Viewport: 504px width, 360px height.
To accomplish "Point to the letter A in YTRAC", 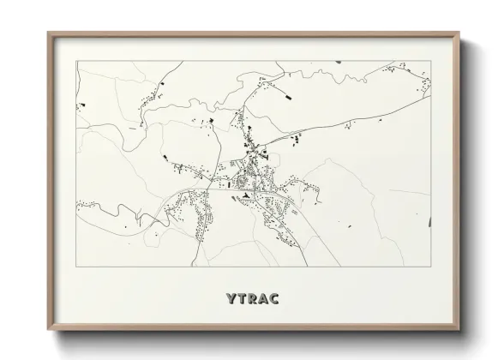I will (265, 299).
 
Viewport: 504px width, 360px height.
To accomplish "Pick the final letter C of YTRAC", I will (278, 299).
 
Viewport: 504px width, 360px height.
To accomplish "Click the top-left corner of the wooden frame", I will (48, 33).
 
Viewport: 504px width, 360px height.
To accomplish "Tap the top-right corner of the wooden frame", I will (459, 33).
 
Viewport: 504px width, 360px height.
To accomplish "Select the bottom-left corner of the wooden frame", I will (48, 333).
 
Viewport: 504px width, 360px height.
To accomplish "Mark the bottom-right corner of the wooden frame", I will (459, 333).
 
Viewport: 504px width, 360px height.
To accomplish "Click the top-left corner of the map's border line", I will (76, 62).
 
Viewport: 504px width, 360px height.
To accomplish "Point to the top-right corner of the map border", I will (430, 62).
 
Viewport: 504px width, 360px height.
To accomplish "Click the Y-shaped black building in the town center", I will (246, 195).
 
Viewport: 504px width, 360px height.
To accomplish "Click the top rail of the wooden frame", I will (253, 34).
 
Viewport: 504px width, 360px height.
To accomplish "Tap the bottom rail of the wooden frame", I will (253, 330).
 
